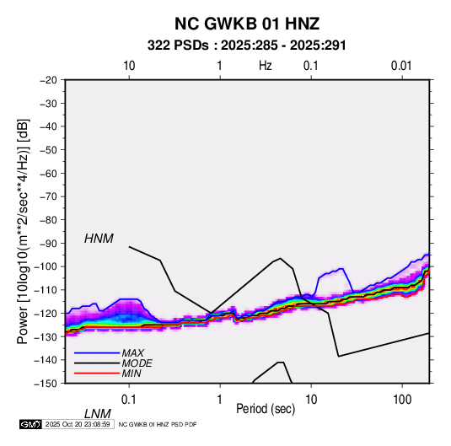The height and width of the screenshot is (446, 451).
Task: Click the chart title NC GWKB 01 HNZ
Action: [x=247, y=24]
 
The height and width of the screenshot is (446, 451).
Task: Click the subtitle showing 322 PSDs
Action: [x=246, y=46]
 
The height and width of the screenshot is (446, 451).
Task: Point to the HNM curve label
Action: [x=99, y=239]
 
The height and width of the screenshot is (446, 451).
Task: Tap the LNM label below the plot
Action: [x=97, y=414]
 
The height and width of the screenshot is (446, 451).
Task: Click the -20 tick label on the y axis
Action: [x=48, y=80]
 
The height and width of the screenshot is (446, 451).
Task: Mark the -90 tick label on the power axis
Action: [x=48, y=244]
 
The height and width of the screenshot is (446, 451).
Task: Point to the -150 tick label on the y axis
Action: [x=46, y=384]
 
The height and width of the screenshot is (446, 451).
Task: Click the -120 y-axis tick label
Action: [x=46, y=314]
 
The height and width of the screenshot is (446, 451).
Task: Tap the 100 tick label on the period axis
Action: [x=402, y=400]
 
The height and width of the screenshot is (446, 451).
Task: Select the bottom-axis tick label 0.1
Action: [x=128, y=400]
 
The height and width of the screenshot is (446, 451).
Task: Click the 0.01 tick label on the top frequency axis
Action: [x=401, y=66]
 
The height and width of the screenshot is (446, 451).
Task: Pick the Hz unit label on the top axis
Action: [x=266, y=66]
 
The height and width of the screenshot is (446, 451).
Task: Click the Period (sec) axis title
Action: [x=266, y=409]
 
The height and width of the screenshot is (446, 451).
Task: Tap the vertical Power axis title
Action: [x=23, y=231]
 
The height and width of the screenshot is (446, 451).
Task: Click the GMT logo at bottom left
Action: [x=30, y=424]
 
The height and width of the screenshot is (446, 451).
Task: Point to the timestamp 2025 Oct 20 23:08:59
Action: [x=78, y=424]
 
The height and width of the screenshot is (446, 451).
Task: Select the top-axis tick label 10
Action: [x=129, y=66]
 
